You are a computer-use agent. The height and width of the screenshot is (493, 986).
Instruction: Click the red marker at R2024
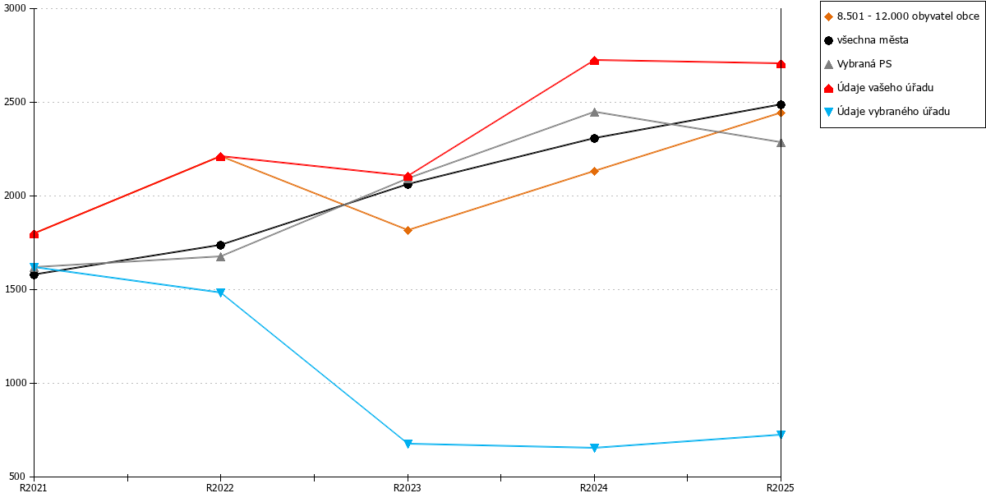[x=594, y=60]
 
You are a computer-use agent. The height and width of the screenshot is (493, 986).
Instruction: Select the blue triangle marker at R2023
[x=408, y=444]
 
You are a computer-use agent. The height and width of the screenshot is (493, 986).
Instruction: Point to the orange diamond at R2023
[x=408, y=230]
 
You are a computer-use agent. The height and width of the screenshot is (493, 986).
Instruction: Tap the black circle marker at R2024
[x=594, y=138]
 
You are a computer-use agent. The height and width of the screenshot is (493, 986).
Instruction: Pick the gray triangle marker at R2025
[x=781, y=143]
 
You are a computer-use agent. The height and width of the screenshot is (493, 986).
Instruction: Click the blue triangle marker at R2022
[x=221, y=293]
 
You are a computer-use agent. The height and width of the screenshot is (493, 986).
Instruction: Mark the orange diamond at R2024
[x=594, y=171]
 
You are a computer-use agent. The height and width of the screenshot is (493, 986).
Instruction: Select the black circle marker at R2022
[x=221, y=245]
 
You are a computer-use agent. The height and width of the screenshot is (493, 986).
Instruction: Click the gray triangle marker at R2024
[x=594, y=113]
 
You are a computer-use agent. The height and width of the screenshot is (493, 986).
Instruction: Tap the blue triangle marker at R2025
[x=781, y=435]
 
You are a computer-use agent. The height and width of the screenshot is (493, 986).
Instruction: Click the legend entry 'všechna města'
[x=866, y=40]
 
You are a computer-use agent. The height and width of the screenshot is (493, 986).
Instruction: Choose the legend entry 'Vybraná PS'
[x=858, y=64]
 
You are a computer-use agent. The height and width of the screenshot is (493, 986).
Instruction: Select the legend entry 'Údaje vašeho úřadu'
[x=878, y=88]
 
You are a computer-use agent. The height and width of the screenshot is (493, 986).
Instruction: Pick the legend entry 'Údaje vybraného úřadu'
[x=887, y=112]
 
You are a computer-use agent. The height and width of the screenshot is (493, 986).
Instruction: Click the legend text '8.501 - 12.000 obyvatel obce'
[x=908, y=16]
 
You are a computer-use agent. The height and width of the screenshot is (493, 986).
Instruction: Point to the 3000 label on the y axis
[x=15, y=8]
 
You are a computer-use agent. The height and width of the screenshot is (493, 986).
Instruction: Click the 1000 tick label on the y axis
[x=16, y=383]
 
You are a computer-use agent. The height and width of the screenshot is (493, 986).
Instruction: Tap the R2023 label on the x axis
[x=408, y=488]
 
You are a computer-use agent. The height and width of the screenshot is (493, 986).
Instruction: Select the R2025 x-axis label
[x=780, y=488]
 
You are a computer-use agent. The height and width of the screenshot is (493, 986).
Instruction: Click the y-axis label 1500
[x=16, y=289]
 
